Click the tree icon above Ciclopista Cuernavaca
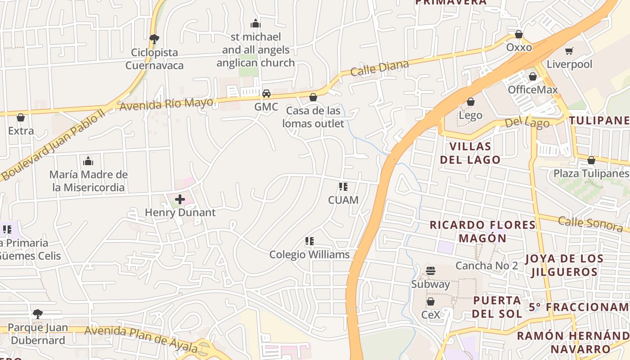click(x=154, y=39)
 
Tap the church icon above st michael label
click(x=256, y=23)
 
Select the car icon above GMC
click(x=266, y=94)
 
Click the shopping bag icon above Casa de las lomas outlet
click(x=313, y=97)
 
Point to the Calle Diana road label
click(x=379, y=68)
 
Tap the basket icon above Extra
click(x=21, y=117)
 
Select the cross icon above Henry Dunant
click(x=180, y=199)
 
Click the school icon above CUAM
click(x=343, y=187)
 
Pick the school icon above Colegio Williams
click(x=309, y=242)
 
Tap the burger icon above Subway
click(x=431, y=271)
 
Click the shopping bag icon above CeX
click(x=431, y=301)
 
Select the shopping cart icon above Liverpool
click(x=569, y=51)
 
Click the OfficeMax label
click(x=533, y=90)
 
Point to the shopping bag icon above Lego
click(x=471, y=102)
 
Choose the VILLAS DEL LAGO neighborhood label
click(x=470, y=153)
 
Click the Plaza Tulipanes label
click(x=591, y=173)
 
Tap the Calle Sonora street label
click(x=590, y=223)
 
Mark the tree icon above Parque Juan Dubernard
click(x=38, y=314)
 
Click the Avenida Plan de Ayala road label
click(x=141, y=338)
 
